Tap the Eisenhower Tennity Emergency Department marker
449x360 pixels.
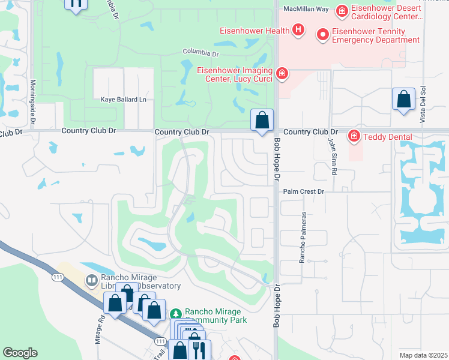322,35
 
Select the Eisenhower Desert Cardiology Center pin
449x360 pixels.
342,11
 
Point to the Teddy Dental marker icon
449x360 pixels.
354,137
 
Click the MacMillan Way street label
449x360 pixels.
307,9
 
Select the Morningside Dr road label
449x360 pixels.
33,99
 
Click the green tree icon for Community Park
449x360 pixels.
176,314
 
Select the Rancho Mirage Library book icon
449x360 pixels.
91,280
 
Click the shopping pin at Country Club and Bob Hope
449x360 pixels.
262,120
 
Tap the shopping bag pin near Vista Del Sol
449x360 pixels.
404,100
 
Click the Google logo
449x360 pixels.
20,353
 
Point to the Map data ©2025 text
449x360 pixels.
423,355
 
